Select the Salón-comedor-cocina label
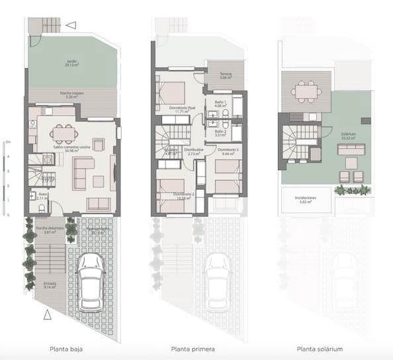pyautogui.click(x=67, y=148)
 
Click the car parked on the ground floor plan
pyautogui.click(x=90, y=282)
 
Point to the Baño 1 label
pyautogui.click(x=220, y=103)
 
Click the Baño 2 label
pyautogui.click(x=220, y=133)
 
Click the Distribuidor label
pyautogui.click(x=194, y=152)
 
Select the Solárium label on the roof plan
pyautogui.click(x=349, y=135)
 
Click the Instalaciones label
pyautogui.click(x=304, y=199)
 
